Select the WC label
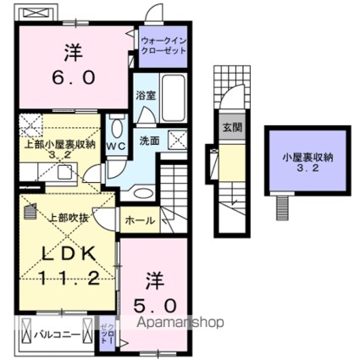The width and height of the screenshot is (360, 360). pyautogui.click(x=116, y=144)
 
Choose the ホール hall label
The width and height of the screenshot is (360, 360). pyautogui.click(x=139, y=220)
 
